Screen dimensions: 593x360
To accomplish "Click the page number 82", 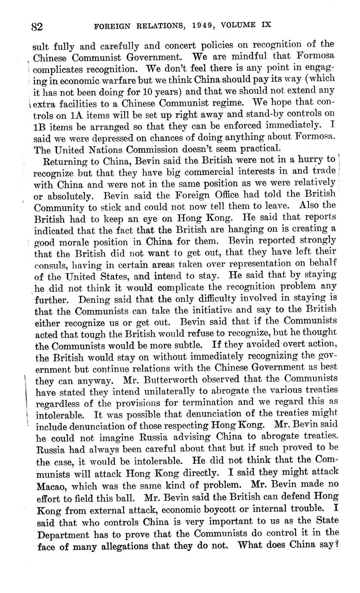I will click(37, 27).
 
